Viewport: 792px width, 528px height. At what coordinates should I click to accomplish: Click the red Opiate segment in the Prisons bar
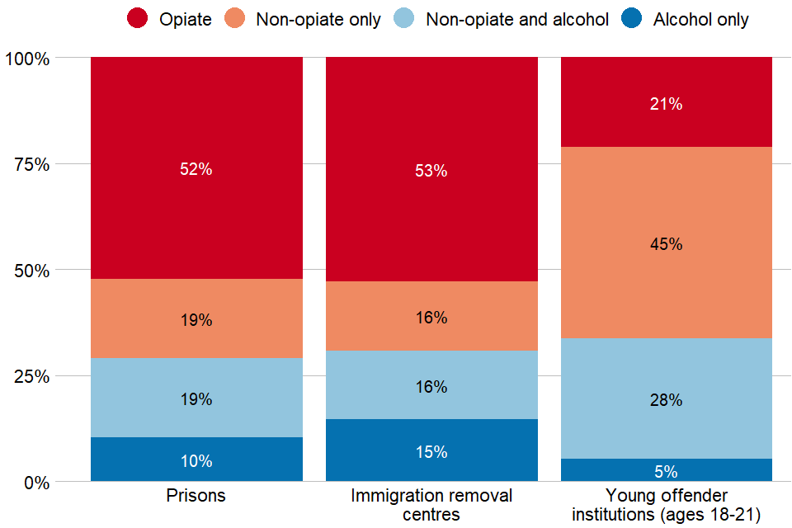pos(196,168)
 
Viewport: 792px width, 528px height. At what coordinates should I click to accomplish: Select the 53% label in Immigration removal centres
pos(431,171)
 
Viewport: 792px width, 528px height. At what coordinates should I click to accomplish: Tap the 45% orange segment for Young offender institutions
pos(667,243)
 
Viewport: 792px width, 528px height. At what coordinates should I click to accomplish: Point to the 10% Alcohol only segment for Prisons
pos(196,460)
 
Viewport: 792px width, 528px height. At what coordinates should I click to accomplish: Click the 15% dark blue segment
pos(431,450)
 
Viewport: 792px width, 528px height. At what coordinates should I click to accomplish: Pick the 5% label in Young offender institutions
pos(667,472)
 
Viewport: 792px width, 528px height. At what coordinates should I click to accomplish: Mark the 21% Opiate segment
pos(667,103)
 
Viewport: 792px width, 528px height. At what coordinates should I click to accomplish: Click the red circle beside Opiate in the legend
pos(137,19)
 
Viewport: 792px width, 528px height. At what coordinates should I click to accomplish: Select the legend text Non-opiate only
pos(318,19)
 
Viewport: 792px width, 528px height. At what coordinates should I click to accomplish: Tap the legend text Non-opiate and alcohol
pos(516,19)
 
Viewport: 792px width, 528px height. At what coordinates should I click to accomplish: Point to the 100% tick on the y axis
pos(28,59)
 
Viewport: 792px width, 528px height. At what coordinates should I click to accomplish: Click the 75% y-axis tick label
pos(32,164)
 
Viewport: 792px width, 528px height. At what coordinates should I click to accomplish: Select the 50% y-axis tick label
pos(32,270)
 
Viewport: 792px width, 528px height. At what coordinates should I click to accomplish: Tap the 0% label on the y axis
pos(36,482)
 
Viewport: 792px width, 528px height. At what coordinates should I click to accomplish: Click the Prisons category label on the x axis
pos(196,496)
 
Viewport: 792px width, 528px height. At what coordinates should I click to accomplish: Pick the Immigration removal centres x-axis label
pos(431,505)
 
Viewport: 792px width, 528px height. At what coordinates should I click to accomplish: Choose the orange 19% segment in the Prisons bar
pos(196,318)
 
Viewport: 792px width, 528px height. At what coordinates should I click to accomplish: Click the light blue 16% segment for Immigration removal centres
pos(431,385)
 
